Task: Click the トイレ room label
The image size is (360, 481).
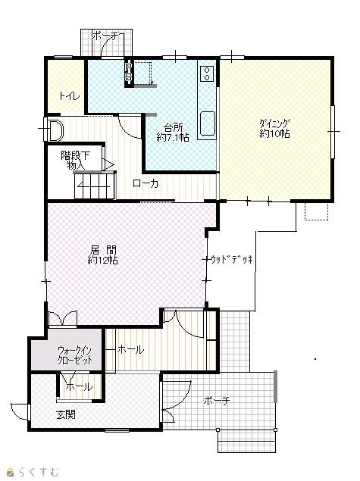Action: coord(70,96)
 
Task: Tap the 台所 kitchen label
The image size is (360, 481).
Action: coord(173,127)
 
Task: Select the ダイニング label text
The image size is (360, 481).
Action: coord(274,123)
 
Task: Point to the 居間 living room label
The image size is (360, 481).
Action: coord(103,250)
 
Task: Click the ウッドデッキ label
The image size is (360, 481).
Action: coord(232,260)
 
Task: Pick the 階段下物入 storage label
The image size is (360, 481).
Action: coord(76,160)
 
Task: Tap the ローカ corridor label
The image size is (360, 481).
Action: coord(146,183)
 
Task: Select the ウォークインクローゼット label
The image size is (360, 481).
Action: coord(74,355)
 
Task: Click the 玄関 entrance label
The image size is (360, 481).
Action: coord(66,415)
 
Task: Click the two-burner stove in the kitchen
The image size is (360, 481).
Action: coord(207,73)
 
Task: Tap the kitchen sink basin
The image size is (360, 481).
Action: coord(208,123)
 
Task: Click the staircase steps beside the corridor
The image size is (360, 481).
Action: coord(95,186)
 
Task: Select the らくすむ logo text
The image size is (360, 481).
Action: coord(34,471)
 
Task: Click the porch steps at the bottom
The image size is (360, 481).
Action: coord(246,441)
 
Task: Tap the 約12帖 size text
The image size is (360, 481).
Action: coord(102,260)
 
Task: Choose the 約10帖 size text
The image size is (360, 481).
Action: coord(274,134)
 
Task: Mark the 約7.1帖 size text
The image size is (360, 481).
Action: coord(173,137)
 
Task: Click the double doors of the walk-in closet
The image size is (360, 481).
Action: coord(63,318)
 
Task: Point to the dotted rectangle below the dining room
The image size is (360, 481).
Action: coord(316,211)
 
